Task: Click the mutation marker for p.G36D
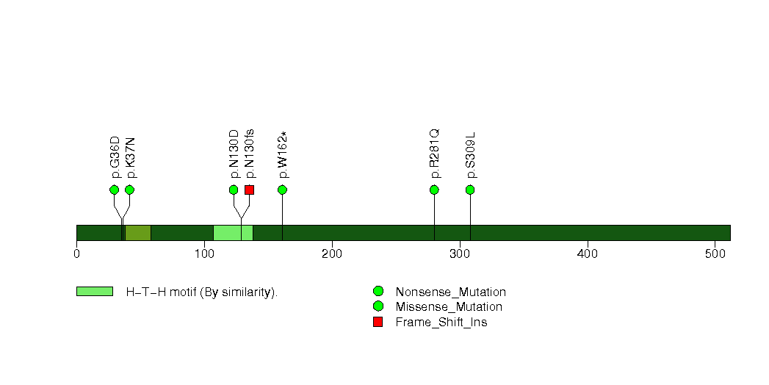point(115,190)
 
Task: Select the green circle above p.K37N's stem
point(129,190)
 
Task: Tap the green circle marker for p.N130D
point(234,190)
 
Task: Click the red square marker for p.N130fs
point(249,190)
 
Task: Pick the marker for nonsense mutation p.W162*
point(282,190)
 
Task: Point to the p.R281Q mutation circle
point(434,190)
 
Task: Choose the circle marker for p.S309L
point(470,190)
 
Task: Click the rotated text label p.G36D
point(115,157)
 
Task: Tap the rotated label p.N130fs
point(250,154)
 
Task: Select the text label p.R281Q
point(435,154)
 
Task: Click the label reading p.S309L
point(471,155)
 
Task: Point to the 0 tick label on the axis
point(76,254)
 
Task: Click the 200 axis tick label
point(332,254)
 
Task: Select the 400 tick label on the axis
point(588,254)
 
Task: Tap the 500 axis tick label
point(715,254)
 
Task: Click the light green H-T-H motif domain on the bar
point(233,233)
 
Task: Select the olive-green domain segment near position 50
point(138,233)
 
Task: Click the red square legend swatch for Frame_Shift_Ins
point(378,322)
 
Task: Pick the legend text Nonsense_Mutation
point(451,292)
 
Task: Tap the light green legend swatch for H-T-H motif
point(95,292)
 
